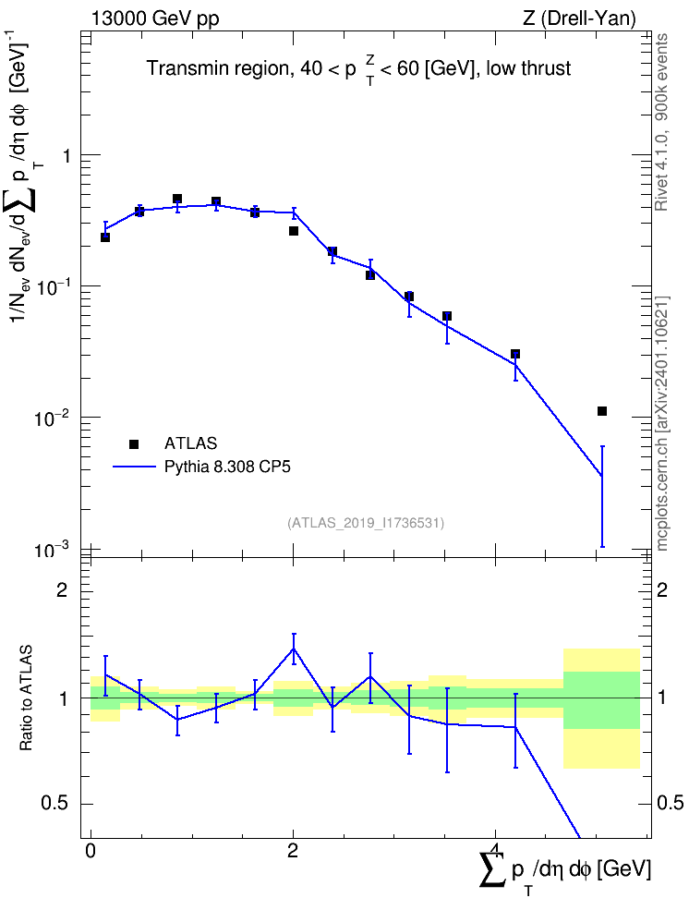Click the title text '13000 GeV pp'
tap(154, 18)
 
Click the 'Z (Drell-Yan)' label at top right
tap(578, 18)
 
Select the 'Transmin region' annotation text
tap(217, 68)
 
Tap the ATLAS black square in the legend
tap(133, 443)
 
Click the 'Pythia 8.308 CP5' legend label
tap(227, 467)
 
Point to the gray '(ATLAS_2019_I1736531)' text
tap(366, 523)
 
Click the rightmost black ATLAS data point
tap(602, 411)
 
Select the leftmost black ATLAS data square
tap(105, 237)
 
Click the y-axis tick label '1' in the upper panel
tap(65, 156)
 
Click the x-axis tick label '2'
tap(293, 851)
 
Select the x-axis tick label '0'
tap(91, 851)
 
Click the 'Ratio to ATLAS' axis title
tap(26, 698)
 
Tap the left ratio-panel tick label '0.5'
tap(55, 804)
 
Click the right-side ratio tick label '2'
tap(662, 589)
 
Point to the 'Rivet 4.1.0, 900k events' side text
tap(661, 122)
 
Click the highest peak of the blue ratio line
tap(294, 649)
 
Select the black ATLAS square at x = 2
tap(294, 231)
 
